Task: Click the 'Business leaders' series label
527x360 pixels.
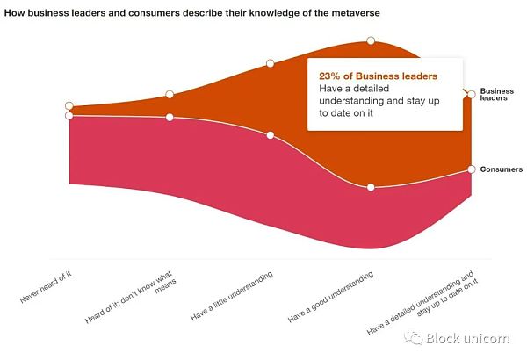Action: [496, 95]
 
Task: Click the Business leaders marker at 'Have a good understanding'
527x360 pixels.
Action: [371, 40]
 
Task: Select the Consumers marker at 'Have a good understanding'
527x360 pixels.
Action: [371, 187]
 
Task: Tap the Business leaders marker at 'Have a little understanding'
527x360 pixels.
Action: [271, 63]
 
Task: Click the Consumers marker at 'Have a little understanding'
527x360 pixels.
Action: [271, 135]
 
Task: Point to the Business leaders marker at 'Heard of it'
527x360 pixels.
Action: [170, 95]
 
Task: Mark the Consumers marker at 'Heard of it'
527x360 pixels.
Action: [170, 117]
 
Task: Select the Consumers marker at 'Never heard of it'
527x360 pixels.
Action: [69, 115]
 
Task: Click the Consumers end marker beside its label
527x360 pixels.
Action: [472, 169]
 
